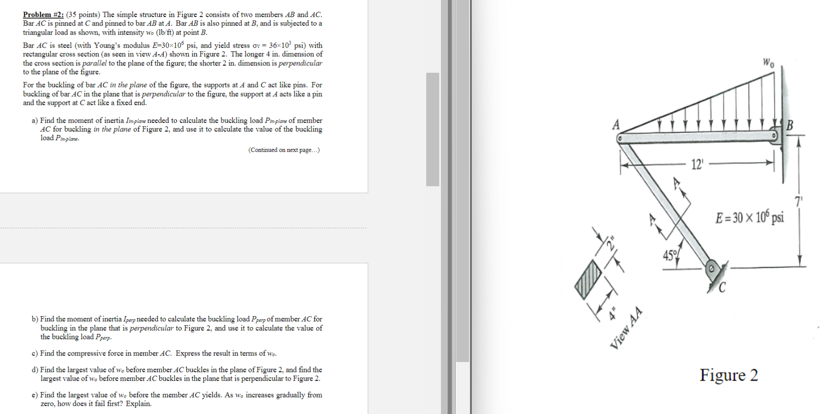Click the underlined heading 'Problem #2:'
43,15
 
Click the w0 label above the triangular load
768,63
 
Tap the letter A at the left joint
616,125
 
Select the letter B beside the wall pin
789,126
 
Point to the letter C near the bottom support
722,288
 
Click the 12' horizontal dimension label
697,164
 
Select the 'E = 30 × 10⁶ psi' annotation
750,217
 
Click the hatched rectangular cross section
588,279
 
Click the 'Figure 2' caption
729,375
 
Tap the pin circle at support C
711,268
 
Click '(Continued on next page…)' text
284,150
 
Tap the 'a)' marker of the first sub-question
35,120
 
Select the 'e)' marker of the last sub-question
35,395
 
